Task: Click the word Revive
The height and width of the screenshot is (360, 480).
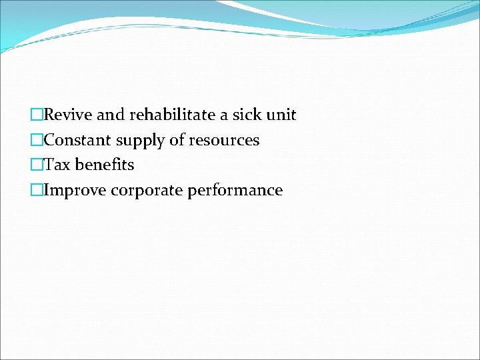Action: tap(68, 115)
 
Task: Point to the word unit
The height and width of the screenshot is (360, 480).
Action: tap(282, 115)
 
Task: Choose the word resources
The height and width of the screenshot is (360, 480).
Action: tap(224, 141)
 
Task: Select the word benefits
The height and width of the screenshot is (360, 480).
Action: tap(105, 165)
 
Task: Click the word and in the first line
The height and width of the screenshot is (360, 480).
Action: tap(110, 115)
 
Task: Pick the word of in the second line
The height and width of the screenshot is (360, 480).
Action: tap(178, 141)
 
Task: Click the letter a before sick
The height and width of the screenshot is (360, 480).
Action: tap(225, 116)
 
